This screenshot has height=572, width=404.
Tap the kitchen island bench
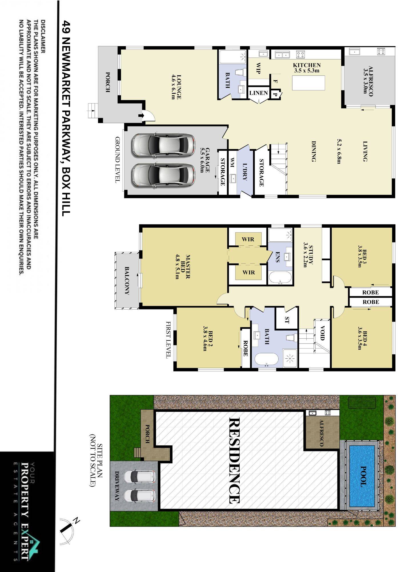coord(309,83)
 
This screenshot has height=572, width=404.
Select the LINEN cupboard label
coord(259,93)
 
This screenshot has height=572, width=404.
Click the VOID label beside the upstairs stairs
coord(322,333)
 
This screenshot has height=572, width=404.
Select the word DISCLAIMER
coord(43,37)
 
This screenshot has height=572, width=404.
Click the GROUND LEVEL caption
coord(117,160)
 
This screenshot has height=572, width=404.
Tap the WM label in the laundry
coord(232,162)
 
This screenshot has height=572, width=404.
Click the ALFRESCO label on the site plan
coord(321,433)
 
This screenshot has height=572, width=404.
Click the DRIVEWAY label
coord(117,486)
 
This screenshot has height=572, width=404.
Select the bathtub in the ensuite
coord(280,278)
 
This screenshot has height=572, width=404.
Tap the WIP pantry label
coord(258,68)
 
